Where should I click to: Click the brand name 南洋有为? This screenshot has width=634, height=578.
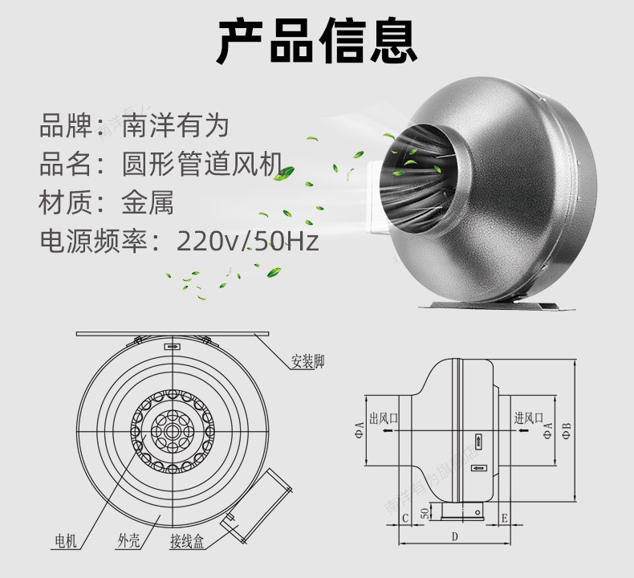(175, 125)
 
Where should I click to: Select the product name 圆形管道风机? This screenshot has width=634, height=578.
(202, 164)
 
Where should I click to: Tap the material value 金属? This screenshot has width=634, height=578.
(148, 201)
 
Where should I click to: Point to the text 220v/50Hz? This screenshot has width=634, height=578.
(248, 241)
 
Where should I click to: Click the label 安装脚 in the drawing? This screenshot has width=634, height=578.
(307, 361)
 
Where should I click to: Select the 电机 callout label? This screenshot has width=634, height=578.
(66, 540)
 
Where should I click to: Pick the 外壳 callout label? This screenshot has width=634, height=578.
(129, 540)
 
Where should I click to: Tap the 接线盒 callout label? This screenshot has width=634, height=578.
(187, 541)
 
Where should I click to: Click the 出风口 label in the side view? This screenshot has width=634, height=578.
(384, 418)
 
